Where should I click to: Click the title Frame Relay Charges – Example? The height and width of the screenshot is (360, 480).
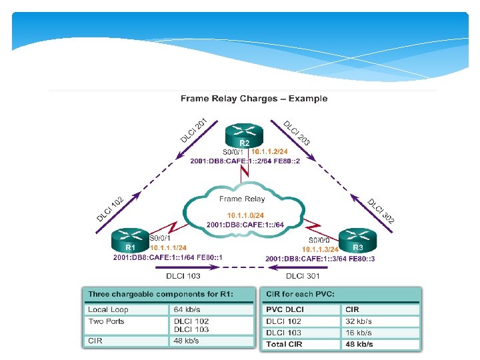click(254, 99)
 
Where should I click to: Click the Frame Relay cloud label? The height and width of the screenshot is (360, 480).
click(242, 199)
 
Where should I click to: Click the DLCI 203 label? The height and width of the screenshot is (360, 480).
click(297, 133)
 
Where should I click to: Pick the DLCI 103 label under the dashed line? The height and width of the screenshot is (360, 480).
click(183, 275)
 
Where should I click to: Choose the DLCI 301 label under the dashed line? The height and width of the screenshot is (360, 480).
click(303, 275)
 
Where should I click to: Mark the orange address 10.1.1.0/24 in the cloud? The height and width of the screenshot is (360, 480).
click(245, 215)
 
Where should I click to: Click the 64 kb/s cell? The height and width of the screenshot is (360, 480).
click(187, 309)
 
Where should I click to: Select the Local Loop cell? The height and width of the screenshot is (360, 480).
click(108, 309)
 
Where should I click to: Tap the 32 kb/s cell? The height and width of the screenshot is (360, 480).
click(359, 321)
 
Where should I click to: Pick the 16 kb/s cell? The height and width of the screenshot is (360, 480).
click(359, 333)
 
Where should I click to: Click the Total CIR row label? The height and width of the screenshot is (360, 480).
click(285, 344)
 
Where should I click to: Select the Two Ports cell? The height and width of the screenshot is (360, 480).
click(107, 321)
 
